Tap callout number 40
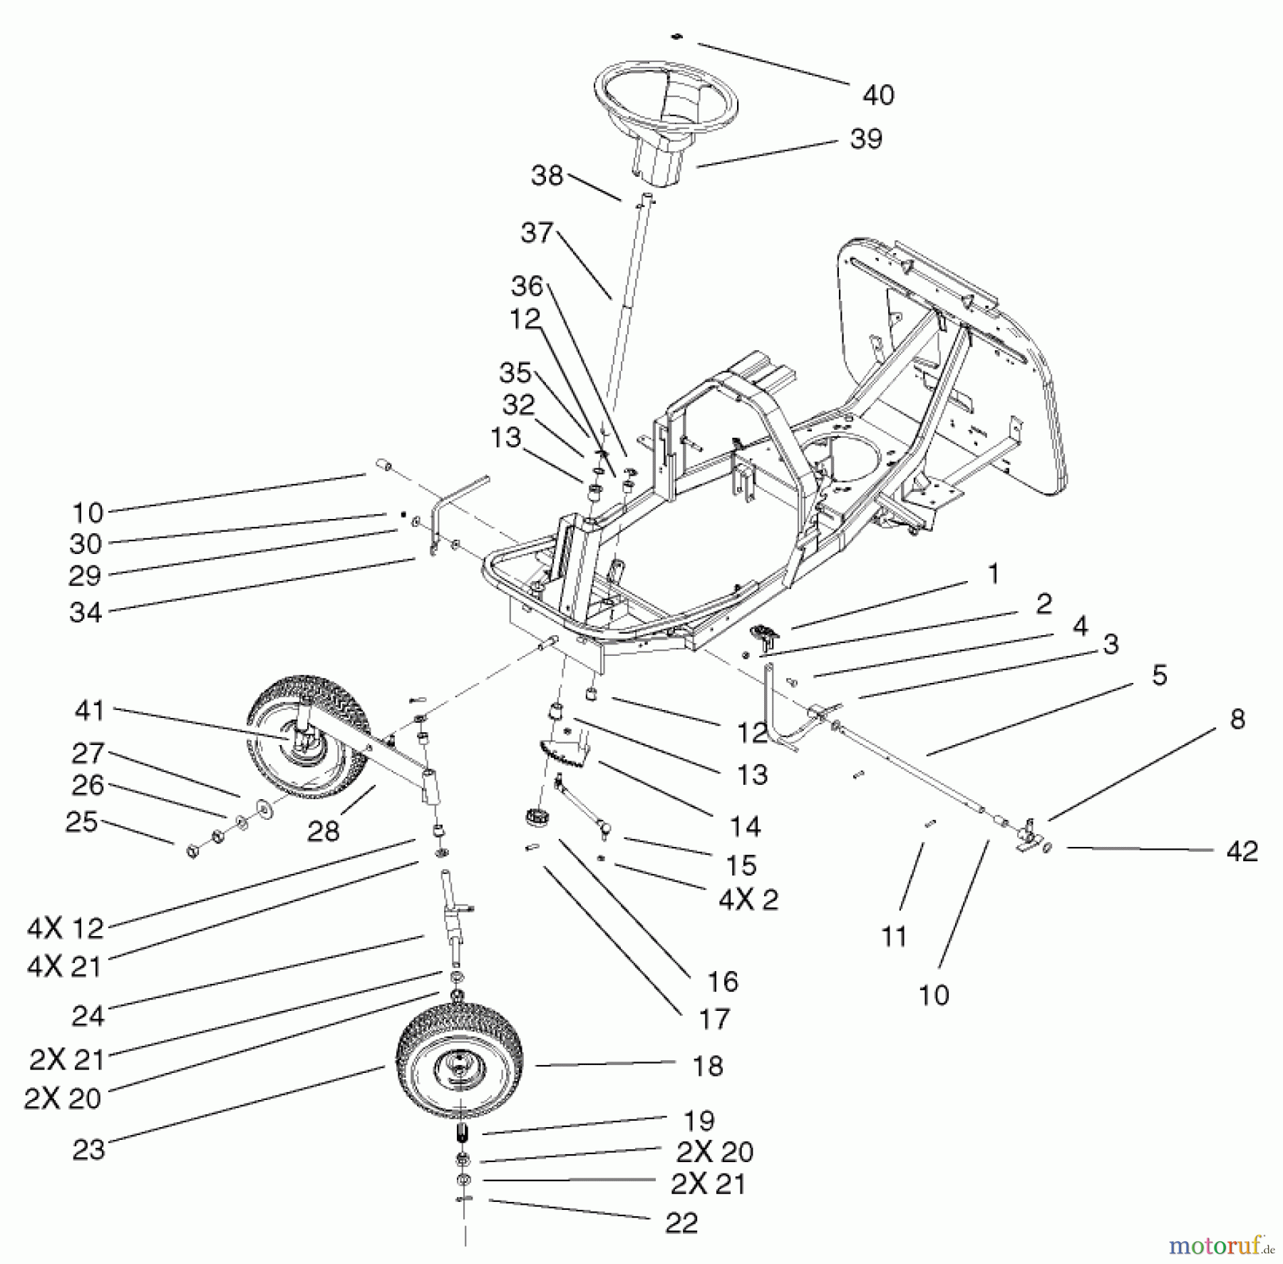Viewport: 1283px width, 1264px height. point(877,95)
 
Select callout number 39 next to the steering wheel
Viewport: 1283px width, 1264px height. point(866,138)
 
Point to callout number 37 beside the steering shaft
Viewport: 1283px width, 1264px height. point(537,232)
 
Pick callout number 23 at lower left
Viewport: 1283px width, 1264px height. point(88,1149)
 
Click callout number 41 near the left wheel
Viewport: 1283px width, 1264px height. point(88,710)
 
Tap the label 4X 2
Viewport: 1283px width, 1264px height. point(748,900)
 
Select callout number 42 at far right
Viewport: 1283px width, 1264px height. point(1242,851)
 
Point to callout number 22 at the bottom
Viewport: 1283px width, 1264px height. point(681,1223)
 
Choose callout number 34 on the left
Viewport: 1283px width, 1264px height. point(86,612)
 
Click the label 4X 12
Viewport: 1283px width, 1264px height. point(66,928)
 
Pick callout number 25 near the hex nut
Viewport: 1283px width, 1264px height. point(81,821)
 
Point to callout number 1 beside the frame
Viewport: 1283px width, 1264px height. point(994,574)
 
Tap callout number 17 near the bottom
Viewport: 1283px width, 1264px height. point(713,1019)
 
